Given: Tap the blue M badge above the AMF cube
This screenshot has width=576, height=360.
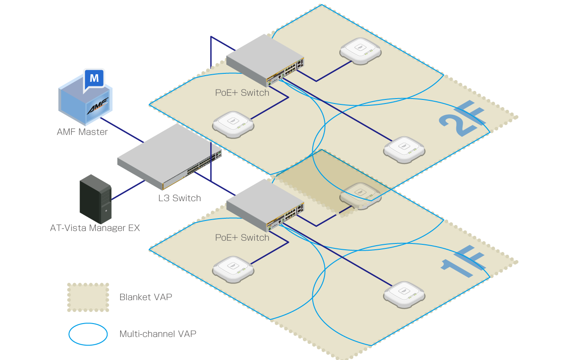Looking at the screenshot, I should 94,78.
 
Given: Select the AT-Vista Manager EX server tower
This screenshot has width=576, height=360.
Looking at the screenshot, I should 95,199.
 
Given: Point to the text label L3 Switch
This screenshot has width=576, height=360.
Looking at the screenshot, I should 180,198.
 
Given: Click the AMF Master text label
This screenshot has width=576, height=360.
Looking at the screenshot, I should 82,132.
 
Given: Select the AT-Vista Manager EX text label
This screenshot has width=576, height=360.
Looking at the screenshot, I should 95,228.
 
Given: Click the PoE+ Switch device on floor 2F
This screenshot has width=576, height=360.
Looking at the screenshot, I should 265,61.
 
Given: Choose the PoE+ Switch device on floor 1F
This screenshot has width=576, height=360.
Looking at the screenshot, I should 265,205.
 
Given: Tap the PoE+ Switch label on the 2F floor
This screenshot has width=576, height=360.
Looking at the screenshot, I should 242,93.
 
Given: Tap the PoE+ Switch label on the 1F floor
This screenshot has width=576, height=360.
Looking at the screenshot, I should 242,238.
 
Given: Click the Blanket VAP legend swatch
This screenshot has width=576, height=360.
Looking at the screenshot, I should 88,297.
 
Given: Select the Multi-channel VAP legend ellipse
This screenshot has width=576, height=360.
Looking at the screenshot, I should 88,334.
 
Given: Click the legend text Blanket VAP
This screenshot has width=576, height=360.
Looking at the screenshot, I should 146,297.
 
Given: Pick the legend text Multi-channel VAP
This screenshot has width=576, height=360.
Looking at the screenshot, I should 158,334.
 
